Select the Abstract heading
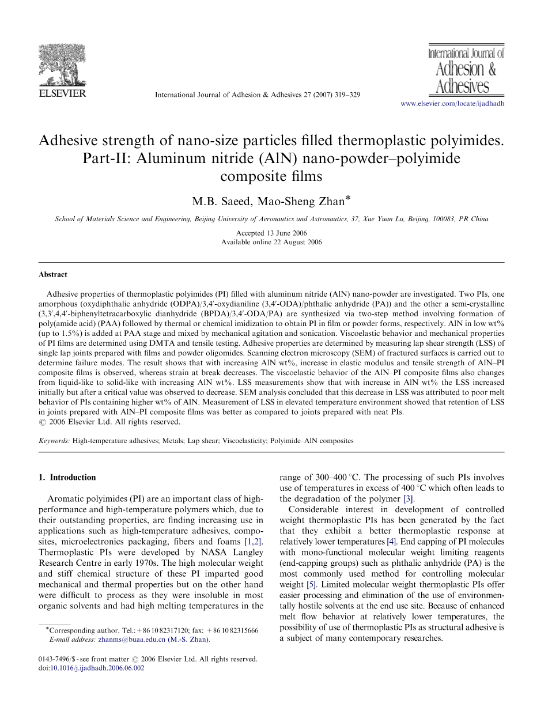click(53, 275)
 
